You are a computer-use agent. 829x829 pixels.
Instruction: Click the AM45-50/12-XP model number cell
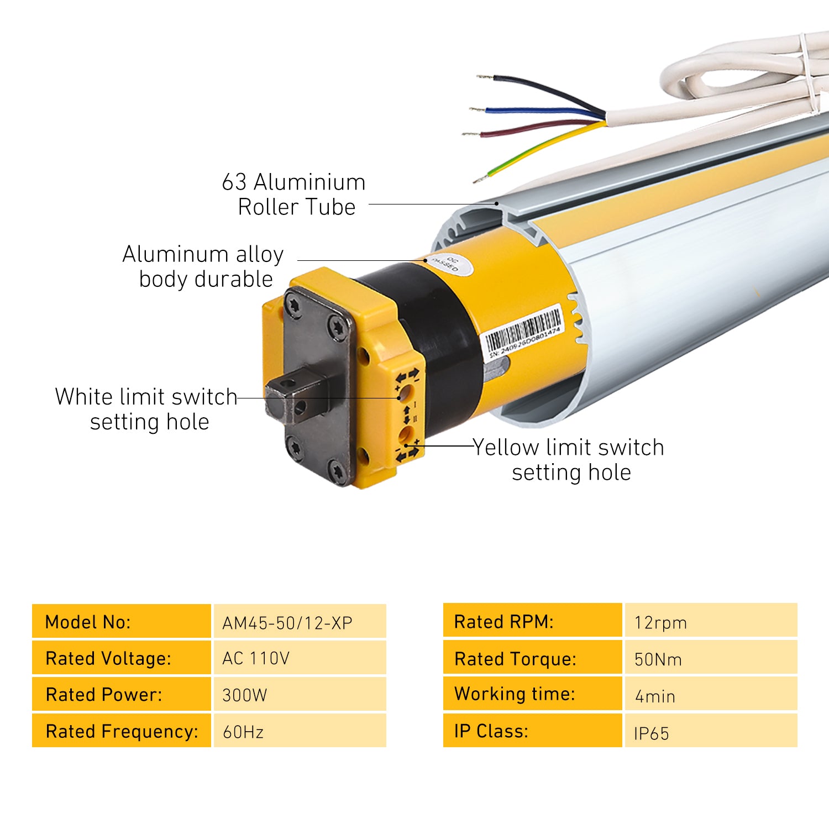(x=300, y=622)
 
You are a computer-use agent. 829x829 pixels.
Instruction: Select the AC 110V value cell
(x=300, y=658)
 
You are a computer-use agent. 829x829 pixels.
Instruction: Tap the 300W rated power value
(x=300, y=695)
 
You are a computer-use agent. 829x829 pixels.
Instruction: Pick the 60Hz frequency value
(x=300, y=731)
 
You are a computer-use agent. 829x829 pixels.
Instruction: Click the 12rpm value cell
(x=711, y=622)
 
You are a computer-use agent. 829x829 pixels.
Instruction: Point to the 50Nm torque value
(x=711, y=658)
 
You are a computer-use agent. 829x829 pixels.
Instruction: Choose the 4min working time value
(x=711, y=695)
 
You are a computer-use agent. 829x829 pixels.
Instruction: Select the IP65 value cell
(x=711, y=732)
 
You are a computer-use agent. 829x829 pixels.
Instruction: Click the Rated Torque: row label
(x=532, y=658)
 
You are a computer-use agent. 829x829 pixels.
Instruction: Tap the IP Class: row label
(x=532, y=731)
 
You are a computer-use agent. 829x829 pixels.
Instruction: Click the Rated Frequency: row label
(x=122, y=731)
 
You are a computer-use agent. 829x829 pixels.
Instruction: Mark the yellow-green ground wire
(x=531, y=153)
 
